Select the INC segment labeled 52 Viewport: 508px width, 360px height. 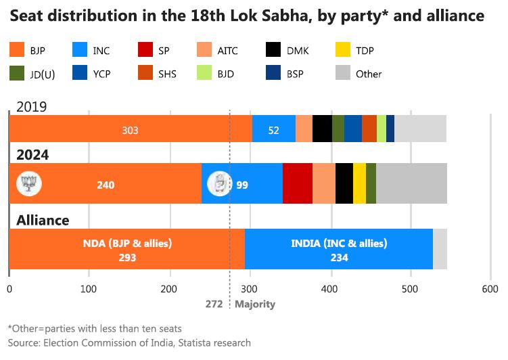pyautogui.click(x=273, y=129)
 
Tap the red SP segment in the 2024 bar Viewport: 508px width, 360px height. pyautogui.click(x=297, y=183)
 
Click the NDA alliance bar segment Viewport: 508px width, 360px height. pyautogui.click(x=126, y=250)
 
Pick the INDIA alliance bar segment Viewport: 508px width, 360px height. pyautogui.click(x=338, y=250)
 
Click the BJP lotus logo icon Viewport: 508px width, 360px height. pyautogui.click(x=28, y=182)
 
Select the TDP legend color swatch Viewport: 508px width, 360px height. pyautogui.click(x=344, y=50)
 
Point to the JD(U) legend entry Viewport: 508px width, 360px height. pyautogui.click(x=34, y=73)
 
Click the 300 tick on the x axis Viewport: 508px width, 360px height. pyautogui.click(x=250, y=289)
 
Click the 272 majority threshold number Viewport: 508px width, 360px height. pyautogui.click(x=214, y=304)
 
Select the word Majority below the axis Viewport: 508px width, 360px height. pyautogui.click(x=255, y=304)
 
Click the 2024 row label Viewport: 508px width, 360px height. pyautogui.click(x=33, y=155)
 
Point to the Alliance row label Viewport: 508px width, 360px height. pyautogui.click(x=43, y=220)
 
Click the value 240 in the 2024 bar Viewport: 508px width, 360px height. pyautogui.click(x=106, y=184)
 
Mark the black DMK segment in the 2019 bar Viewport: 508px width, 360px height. pyautogui.click(x=322, y=129)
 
